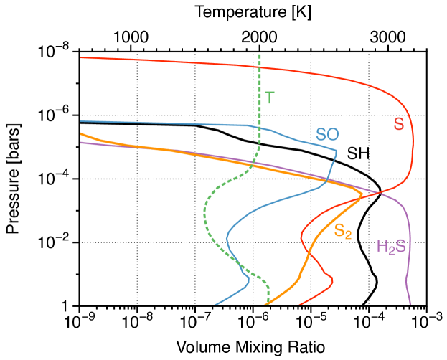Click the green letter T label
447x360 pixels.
click(269, 98)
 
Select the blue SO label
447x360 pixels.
click(327, 134)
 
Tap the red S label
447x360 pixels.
click(399, 124)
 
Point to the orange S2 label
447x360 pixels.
click(342, 231)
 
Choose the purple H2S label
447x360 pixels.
click(391, 247)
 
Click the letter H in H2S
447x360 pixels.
click(382, 247)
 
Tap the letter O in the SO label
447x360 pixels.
click(333, 134)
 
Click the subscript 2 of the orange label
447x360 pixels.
click(349, 235)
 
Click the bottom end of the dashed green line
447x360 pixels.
click(268, 304)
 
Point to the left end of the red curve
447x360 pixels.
click(81, 57)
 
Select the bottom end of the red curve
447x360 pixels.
click(299, 304)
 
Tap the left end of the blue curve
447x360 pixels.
click(81, 121)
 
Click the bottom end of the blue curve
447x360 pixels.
click(215, 304)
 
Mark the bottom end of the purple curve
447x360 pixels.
click(410, 304)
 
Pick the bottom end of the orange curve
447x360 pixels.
click(264, 304)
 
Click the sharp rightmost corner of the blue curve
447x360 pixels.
click(337, 151)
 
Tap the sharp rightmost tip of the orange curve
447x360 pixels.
click(362, 194)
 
